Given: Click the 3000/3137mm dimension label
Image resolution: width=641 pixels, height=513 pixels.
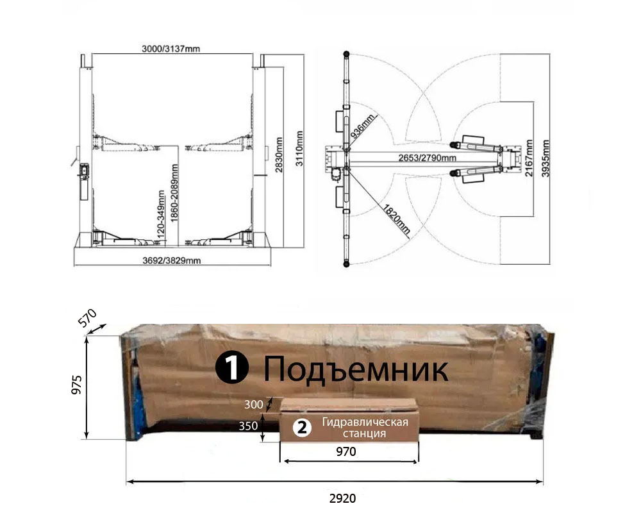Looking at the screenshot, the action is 171,49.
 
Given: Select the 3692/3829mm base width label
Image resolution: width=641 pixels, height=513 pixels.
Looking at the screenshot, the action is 172,260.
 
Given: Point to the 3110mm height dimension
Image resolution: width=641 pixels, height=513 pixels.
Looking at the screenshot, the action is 299,149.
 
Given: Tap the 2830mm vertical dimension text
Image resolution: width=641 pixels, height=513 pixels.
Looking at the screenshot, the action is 279,155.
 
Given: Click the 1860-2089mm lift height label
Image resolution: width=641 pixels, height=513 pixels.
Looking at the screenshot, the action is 175,193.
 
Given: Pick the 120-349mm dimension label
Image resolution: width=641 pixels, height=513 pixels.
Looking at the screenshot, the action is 161,214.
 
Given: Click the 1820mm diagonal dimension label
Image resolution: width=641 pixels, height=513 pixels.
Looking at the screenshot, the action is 396,219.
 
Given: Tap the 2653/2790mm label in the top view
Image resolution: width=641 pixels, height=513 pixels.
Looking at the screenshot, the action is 427,158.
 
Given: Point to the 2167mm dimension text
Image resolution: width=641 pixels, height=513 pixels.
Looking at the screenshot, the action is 529,158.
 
